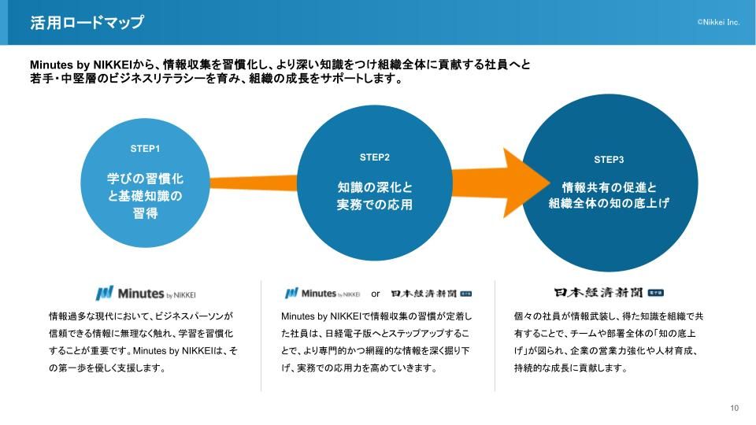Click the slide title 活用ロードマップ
pos(87,23)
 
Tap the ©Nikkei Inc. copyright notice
pos(718,23)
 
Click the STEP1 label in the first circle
pos(145,148)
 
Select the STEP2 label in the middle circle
pos(375,157)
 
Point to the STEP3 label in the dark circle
pos(609,160)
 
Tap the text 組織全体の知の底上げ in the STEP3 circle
pos(609,204)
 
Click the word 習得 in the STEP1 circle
pos(145,213)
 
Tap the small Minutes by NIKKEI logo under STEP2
pos(322,294)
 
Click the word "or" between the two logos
pos(376,294)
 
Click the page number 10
pos(734,408)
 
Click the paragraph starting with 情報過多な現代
pos(143,342)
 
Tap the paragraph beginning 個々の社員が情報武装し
pos(606,342)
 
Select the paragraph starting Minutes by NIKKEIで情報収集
pos(375,342)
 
